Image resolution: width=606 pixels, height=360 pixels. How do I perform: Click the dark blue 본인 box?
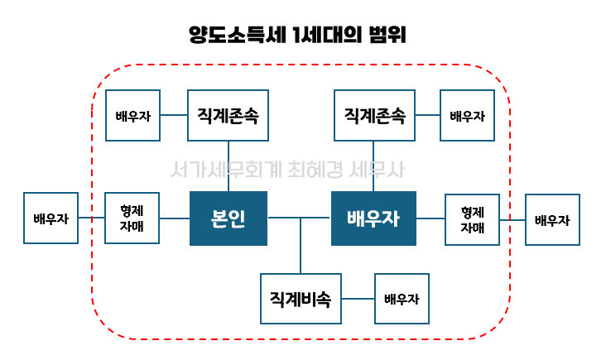[x=228, y=218]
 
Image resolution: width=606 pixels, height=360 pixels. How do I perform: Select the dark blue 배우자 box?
[x=373, y=218]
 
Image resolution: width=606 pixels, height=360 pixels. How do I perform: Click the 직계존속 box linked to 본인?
[x=228, y=115]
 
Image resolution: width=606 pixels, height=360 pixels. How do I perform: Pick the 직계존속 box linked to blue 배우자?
[x=373, y=115]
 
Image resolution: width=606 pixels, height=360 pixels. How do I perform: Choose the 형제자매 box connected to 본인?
[x=132, y=218]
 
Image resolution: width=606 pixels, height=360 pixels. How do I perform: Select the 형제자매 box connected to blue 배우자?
[x=473, y=218]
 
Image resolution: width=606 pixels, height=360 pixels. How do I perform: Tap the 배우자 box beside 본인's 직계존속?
[x=133, y=115]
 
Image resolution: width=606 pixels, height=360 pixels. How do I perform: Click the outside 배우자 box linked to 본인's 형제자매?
[x=51, y=218]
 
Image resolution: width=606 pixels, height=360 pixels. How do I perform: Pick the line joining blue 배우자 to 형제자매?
[x=430, y=218]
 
